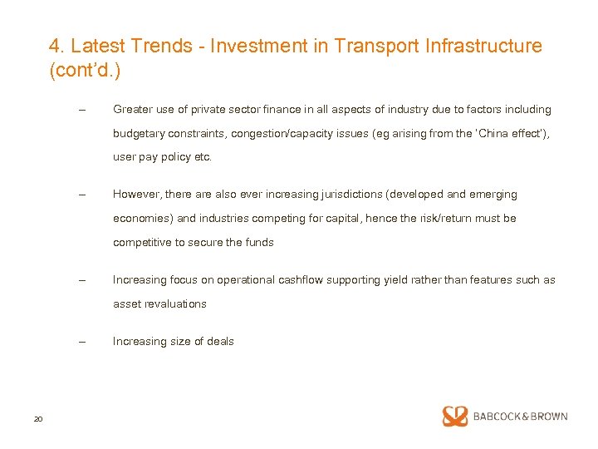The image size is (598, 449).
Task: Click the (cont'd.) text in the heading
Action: [x=85, y=72]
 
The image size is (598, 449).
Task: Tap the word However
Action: [x=137, y=195]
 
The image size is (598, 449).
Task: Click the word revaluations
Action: [x=174, y=303]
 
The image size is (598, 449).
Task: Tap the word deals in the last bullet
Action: [x=220, y=341]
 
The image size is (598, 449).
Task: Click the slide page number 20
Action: [x=38, y=418]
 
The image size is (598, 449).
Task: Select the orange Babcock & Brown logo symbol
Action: [x=455, y=417]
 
